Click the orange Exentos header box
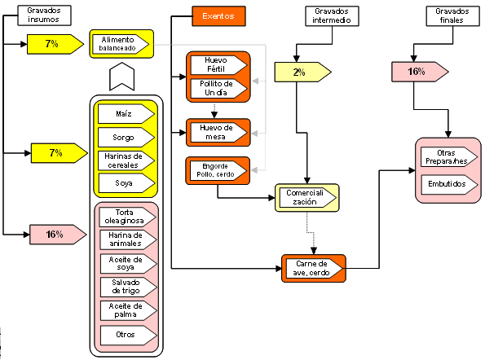[x=218, y=15]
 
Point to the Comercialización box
[x=306, y=197]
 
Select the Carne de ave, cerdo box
[x=313, y=267]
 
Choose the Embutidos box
[x=448, y=185]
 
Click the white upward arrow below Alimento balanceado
[x=121, y=78]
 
